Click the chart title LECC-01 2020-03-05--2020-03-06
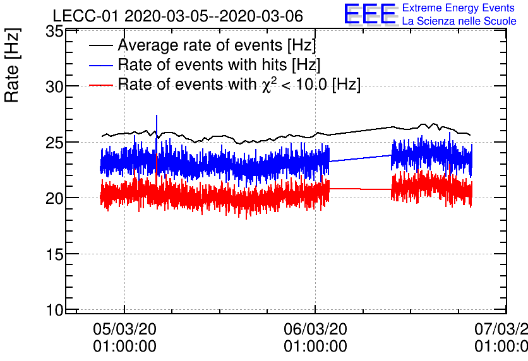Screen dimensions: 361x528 (177, 15)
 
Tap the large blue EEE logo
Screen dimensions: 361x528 (369, 14)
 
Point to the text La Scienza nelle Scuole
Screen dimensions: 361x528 (459, 21)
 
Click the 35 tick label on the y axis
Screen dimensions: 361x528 (56, 31)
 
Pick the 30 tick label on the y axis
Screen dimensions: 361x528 (56, 86)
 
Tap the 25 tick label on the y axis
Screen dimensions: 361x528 (56, 143)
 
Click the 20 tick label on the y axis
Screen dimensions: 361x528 (56, 198)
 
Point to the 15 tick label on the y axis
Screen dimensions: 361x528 (56, 254)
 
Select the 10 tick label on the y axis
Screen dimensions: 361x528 (56, 310)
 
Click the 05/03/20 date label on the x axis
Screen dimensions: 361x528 (124, 329)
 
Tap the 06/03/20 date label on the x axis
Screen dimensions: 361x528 (315, 329)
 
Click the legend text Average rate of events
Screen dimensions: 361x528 (217, 45)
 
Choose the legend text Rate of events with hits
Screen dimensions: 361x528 (219, 64)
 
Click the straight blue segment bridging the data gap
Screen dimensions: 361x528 (361, 158)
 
